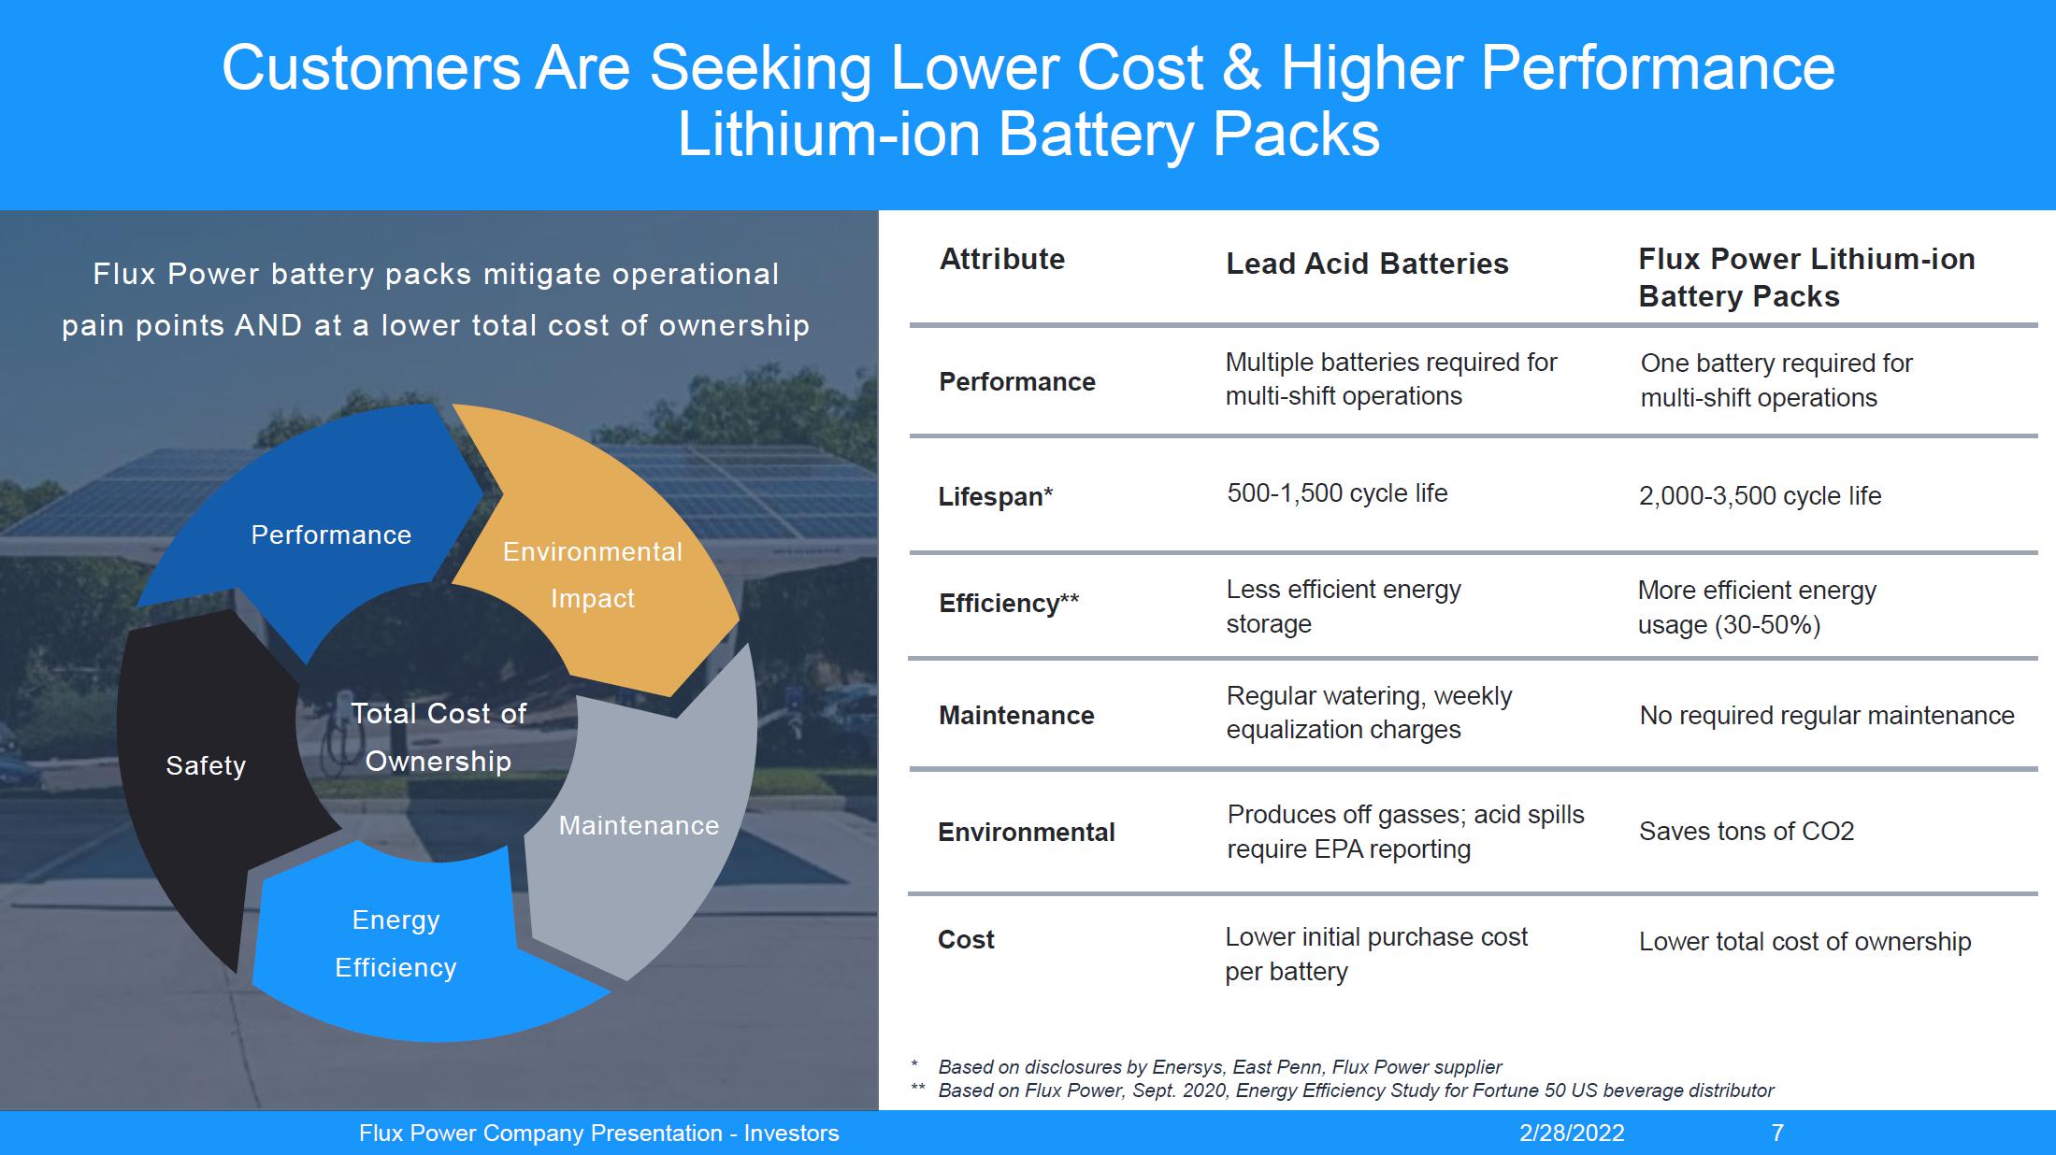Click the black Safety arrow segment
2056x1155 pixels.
(206, 776)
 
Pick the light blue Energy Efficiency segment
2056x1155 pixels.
(396, 944)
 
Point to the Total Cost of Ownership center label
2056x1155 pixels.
(439, 737)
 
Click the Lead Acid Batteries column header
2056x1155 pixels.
(1367, 264)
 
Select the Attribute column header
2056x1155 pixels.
(1002, 260)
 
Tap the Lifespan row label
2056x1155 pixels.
(995, 497)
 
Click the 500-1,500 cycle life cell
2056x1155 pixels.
(1337, 493)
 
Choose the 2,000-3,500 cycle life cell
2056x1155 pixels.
(1760, 496)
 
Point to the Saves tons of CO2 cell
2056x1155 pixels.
(1747, 832)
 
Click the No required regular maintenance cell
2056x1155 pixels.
(1827, 716)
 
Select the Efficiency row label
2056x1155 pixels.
(1008, 604)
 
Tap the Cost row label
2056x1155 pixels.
(966, 940)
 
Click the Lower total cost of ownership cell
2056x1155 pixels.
(1804, 942)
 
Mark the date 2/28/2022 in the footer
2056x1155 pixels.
(1572, 1134)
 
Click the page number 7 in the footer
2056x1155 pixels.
(1777, 1134)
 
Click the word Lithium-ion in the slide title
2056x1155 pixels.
(827, 134)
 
